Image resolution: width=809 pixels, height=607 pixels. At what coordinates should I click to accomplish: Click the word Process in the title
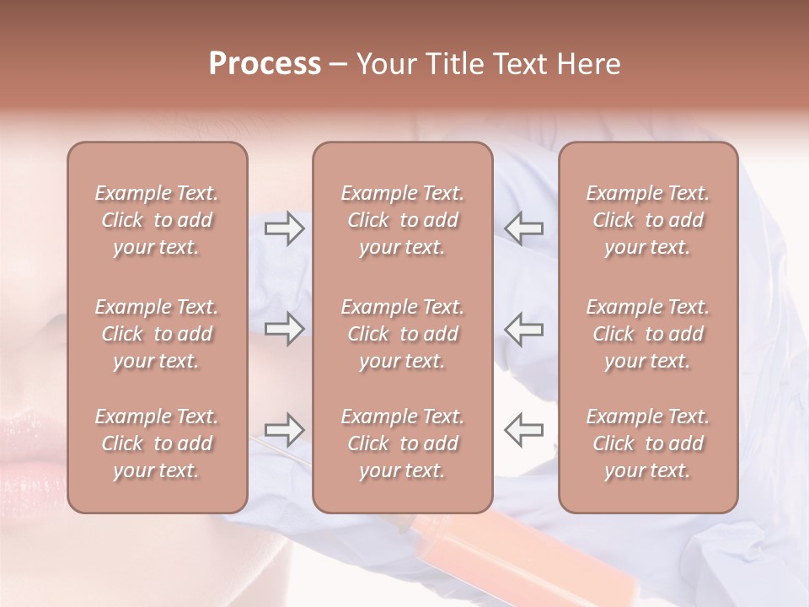(x=265, y=64)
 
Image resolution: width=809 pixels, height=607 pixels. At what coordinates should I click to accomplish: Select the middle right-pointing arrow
(x=284, y=329)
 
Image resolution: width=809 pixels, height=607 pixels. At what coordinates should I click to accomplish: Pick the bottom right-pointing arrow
(x=284, y=430)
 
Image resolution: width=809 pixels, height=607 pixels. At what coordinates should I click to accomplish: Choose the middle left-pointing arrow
(x=524, y=329)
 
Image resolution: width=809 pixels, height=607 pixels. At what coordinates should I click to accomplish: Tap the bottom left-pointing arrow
(x=524, y=430)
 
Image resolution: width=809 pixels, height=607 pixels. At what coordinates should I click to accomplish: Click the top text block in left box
(x=157, y=220)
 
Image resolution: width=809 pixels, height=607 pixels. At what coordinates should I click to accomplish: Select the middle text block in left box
(x=157, y=334)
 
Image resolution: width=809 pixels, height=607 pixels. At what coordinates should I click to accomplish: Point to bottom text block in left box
(x=157, y=443)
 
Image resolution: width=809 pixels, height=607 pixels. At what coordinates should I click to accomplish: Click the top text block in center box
(x=403, y=220)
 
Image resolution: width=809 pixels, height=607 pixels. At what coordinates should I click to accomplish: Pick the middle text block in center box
(x=403, y=334)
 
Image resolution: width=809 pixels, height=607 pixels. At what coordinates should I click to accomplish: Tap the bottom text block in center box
(x=403, y=443)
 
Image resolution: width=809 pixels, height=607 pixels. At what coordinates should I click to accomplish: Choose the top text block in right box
(x=648, y=220)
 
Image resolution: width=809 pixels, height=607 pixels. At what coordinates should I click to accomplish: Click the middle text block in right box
(x=648, y=334)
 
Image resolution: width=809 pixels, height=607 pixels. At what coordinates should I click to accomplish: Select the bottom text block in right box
(x=648, y=443)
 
